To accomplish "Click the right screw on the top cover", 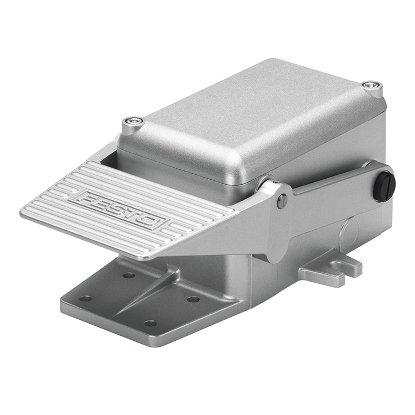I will [x=372, y=86].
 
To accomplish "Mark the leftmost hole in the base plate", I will [x=85, y=298].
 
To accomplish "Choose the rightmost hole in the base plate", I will [x=193, y=299].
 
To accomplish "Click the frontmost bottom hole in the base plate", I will [x=150, y=323].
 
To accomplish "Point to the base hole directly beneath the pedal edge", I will [x=128, y=275].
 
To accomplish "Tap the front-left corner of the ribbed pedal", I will [x=25, y=212].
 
